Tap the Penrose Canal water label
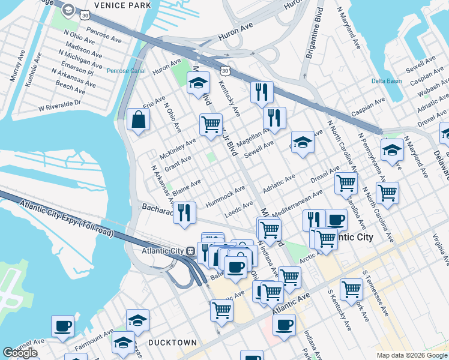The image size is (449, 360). pyautogui.click(x=127, y=71)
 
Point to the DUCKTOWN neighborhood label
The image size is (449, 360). pyautogui.click(x=173, y=343)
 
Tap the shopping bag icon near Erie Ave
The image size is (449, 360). pyautogui.click(x=138, y=119)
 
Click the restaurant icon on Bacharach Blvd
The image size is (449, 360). pyautogui.click(x=185, y=212)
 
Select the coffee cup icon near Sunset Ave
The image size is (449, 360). pyautogui.click(x=62, y=326)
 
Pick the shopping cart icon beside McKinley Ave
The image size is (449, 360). pyautogui.click(x=211, y=125)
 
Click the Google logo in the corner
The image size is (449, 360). pyautogui.click(x=20, y=353)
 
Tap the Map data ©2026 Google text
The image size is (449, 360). pyautogui.click(x=412, y=355)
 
